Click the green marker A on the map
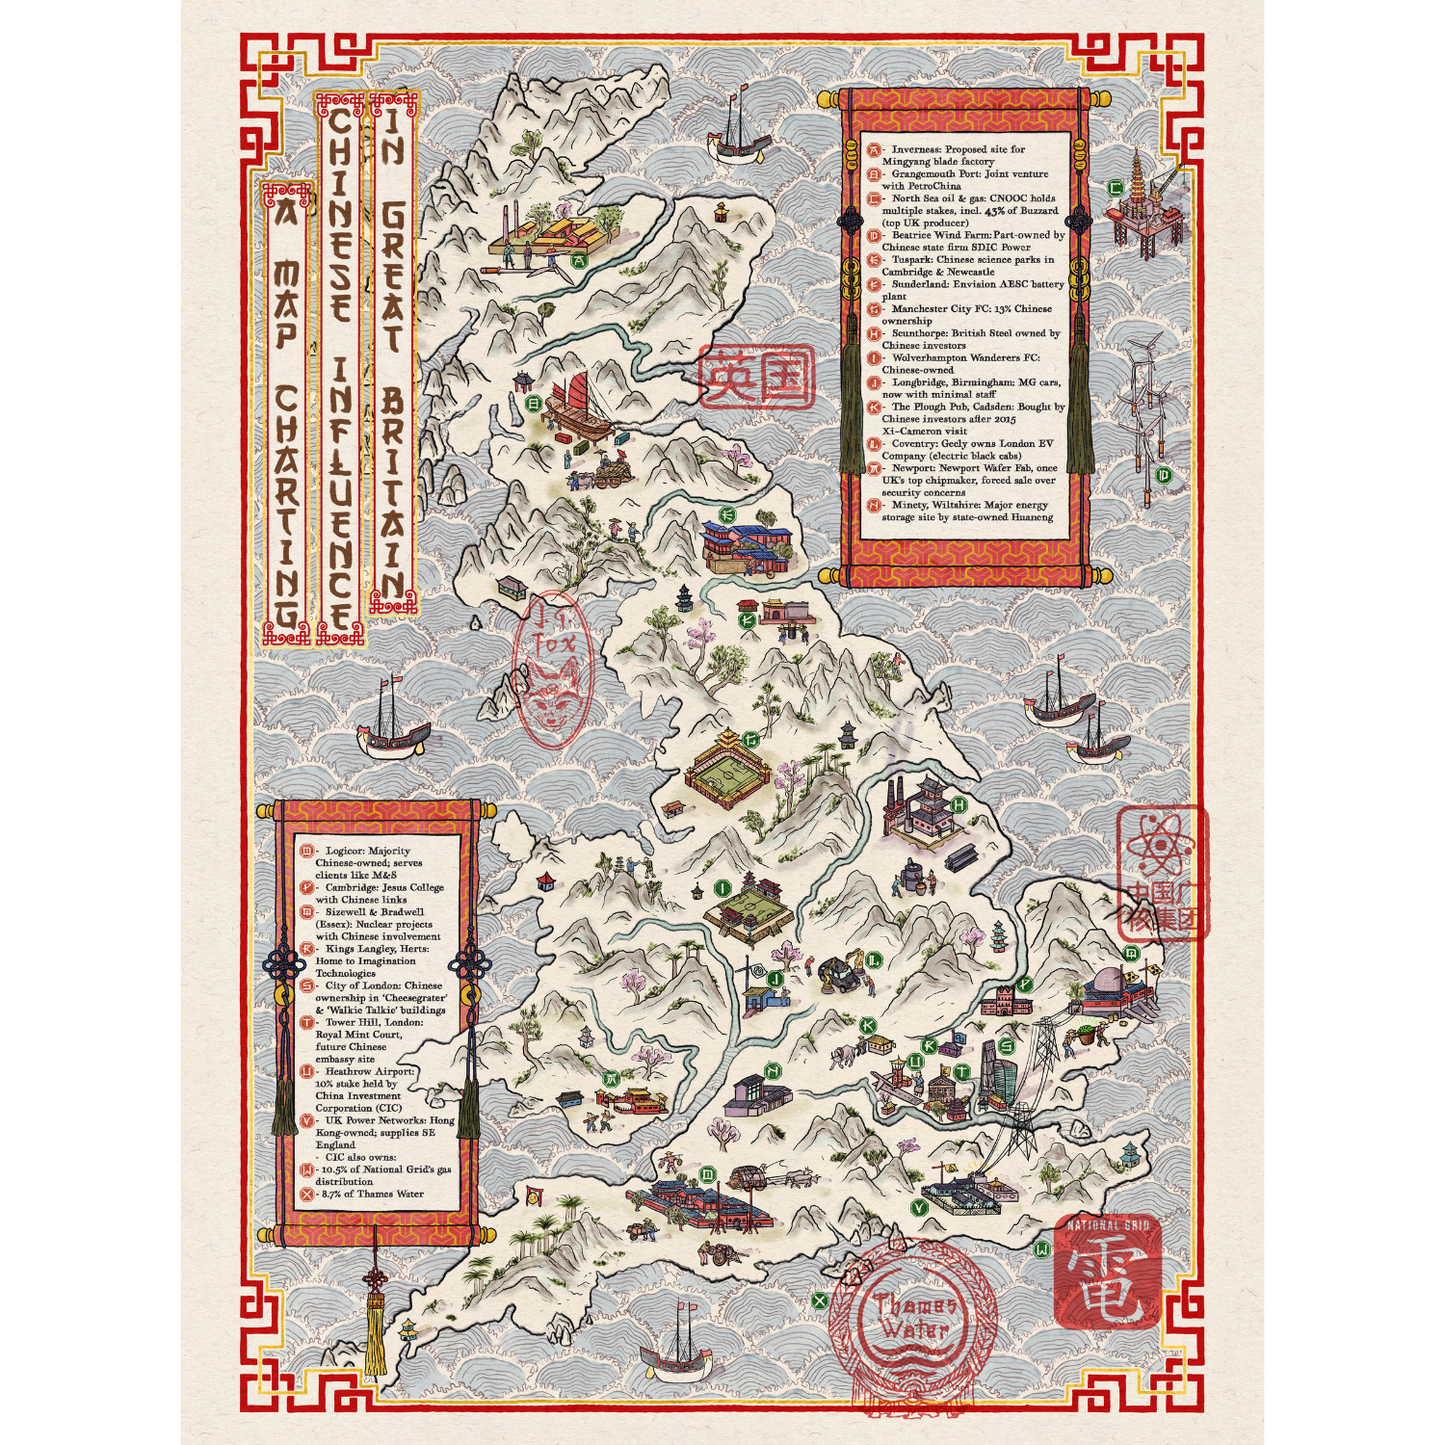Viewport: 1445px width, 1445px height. coord(577,261)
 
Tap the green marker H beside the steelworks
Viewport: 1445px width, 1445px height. coord(959,804)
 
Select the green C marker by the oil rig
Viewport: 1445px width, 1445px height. coord(1116,187)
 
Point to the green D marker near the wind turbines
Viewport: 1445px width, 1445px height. coord(1163,475)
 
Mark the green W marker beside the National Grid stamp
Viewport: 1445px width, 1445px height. coord(1042,1249)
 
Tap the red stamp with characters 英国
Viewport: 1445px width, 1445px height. coord(757,377)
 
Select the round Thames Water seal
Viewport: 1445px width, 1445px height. coord(912,1318)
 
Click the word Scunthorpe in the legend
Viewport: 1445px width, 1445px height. coord(920,333)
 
